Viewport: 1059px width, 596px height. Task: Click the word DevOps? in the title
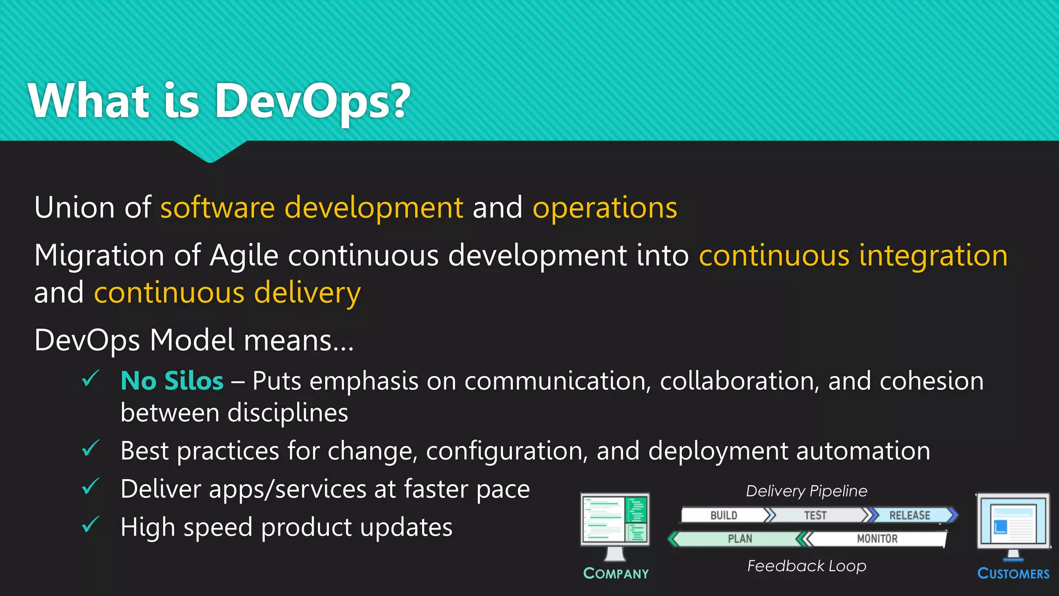312,101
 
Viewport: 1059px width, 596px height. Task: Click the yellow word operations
604,207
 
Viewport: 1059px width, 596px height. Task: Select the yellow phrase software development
311,207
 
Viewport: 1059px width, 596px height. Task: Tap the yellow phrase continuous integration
853,256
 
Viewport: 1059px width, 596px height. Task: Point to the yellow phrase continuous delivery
227,293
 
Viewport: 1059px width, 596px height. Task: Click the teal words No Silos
172,381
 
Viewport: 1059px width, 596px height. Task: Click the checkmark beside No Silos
90,379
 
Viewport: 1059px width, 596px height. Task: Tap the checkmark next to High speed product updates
90,525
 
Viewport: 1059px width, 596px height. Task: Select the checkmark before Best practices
90,449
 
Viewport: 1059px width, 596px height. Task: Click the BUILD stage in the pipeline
723,515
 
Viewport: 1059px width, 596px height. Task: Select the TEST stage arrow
815,515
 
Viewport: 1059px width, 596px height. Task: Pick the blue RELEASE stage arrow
910,515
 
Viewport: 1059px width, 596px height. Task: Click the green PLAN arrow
739,539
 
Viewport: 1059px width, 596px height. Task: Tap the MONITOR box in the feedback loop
877,539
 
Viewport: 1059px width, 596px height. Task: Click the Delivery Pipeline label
806,491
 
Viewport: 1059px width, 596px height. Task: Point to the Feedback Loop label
806,566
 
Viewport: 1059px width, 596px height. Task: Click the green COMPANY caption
616,573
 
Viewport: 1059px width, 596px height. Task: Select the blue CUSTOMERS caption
1013,573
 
